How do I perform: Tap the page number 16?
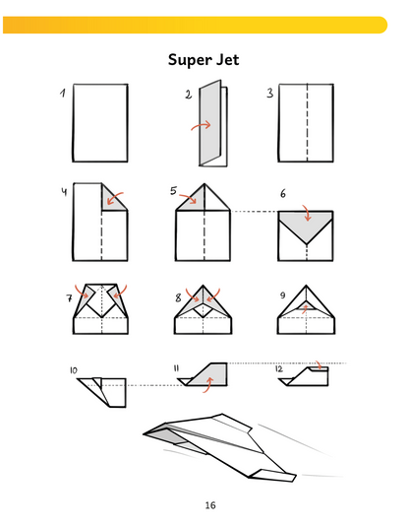[210, 505]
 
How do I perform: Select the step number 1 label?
[63, 93]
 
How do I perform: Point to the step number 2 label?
[188, 95]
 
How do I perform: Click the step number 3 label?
[270, 93]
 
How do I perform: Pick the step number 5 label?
[173, 190]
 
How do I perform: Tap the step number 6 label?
[283, 194]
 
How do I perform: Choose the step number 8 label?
[178, 297]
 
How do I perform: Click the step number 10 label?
[74, 370]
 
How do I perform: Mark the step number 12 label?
[279, 369]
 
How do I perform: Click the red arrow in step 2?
[202, 125]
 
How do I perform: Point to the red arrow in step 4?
[114, 199]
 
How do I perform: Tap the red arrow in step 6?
[307, 213]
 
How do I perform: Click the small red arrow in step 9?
[305, 308]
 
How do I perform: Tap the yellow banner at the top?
[195, 25]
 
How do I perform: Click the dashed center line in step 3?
[307, 123]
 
